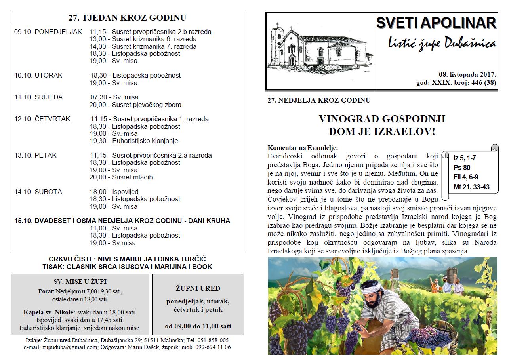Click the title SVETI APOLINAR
click(x=436, y=23)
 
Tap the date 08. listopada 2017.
click(x=467, y=74)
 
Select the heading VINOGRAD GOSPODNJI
click(x=382, y=119)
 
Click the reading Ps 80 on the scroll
click(x=462, y=168)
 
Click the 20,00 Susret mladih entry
click(x=121, y=177)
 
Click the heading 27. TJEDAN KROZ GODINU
click(x=127, y=18)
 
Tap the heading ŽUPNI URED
click(x=198, y=288)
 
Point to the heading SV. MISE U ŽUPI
click(x=80, y=282)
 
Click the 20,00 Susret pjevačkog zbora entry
click(x=135, y=105)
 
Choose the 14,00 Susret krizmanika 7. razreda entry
click(x=143, y=46)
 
